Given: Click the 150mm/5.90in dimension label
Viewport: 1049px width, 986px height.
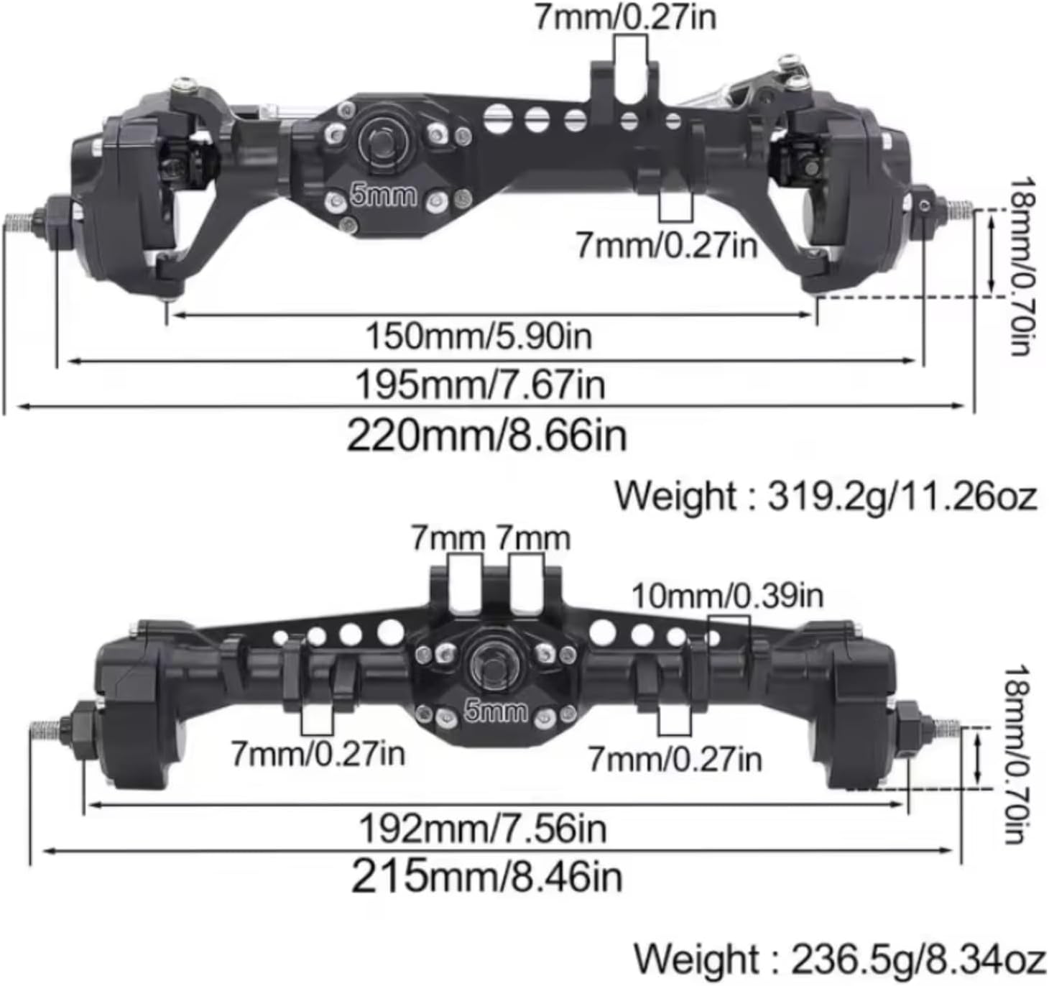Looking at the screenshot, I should pos(479,336).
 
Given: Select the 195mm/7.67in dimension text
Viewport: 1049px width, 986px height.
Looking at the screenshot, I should pos(480,384).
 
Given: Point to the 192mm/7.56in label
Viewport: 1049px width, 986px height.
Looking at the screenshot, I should pos(482,829).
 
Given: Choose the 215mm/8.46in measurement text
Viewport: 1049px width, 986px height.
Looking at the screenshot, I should pos(487,876).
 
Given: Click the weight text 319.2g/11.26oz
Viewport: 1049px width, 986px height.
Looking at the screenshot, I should pos(826,496).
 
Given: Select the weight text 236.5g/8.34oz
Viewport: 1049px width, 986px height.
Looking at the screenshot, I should pos(838,959).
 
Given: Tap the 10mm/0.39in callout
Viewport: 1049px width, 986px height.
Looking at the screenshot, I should pos(727,595).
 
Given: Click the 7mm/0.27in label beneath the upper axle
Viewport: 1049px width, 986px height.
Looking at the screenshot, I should pos(666,246).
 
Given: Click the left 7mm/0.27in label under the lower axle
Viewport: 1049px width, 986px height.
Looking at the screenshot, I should pos(317,753).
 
